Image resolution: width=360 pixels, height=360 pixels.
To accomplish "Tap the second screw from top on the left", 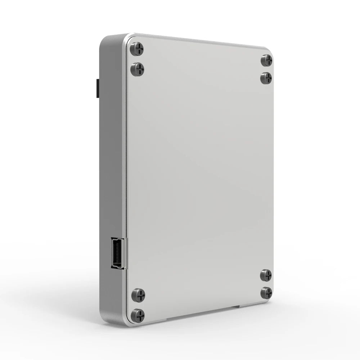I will coord(137,68).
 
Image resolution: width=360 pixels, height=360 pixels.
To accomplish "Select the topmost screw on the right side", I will coord(266,60).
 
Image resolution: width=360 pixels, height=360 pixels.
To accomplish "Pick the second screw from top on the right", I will coord(266,78).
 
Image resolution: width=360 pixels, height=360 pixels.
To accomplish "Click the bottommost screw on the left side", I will coord(137,315).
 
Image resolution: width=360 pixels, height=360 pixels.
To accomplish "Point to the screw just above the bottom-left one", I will coord(138,295).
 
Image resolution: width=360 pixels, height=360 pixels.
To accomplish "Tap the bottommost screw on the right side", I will coord(266,292).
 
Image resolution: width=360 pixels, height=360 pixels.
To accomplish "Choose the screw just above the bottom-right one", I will coord(266,275).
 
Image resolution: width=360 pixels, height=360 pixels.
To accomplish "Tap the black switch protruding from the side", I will coord(97,88).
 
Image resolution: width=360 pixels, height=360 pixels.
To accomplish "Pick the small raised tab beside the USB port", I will coord(126,253).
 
